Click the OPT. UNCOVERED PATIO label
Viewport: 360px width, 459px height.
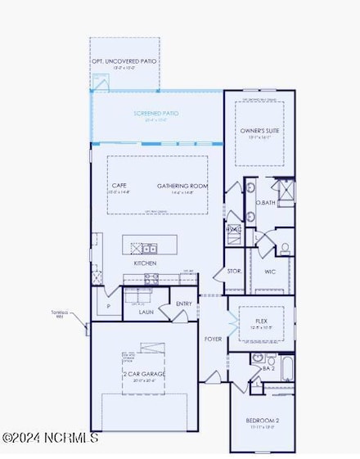(x=124, y=61)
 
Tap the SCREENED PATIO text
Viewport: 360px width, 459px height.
(x=156, y=113)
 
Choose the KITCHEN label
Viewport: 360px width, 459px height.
(x=145, y=263)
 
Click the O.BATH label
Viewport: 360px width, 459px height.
(x=264, y=202)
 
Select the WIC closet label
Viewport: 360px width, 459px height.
(x=269, y=271)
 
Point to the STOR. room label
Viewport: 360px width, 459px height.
(x=234, y=271)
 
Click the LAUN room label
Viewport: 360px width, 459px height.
(x=146, y=312)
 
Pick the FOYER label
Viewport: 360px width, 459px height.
(x=213, y=337)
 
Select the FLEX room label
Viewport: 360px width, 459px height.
(x=262, y=322)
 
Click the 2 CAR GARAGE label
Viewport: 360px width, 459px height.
(x=144, y=374)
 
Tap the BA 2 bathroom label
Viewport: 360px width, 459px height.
(x=268, y=369)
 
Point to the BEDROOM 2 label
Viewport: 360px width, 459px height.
(x=263, y=421)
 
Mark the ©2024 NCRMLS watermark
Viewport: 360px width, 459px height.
(x=50, y=438)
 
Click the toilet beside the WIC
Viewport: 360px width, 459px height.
(x=285, y=247)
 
